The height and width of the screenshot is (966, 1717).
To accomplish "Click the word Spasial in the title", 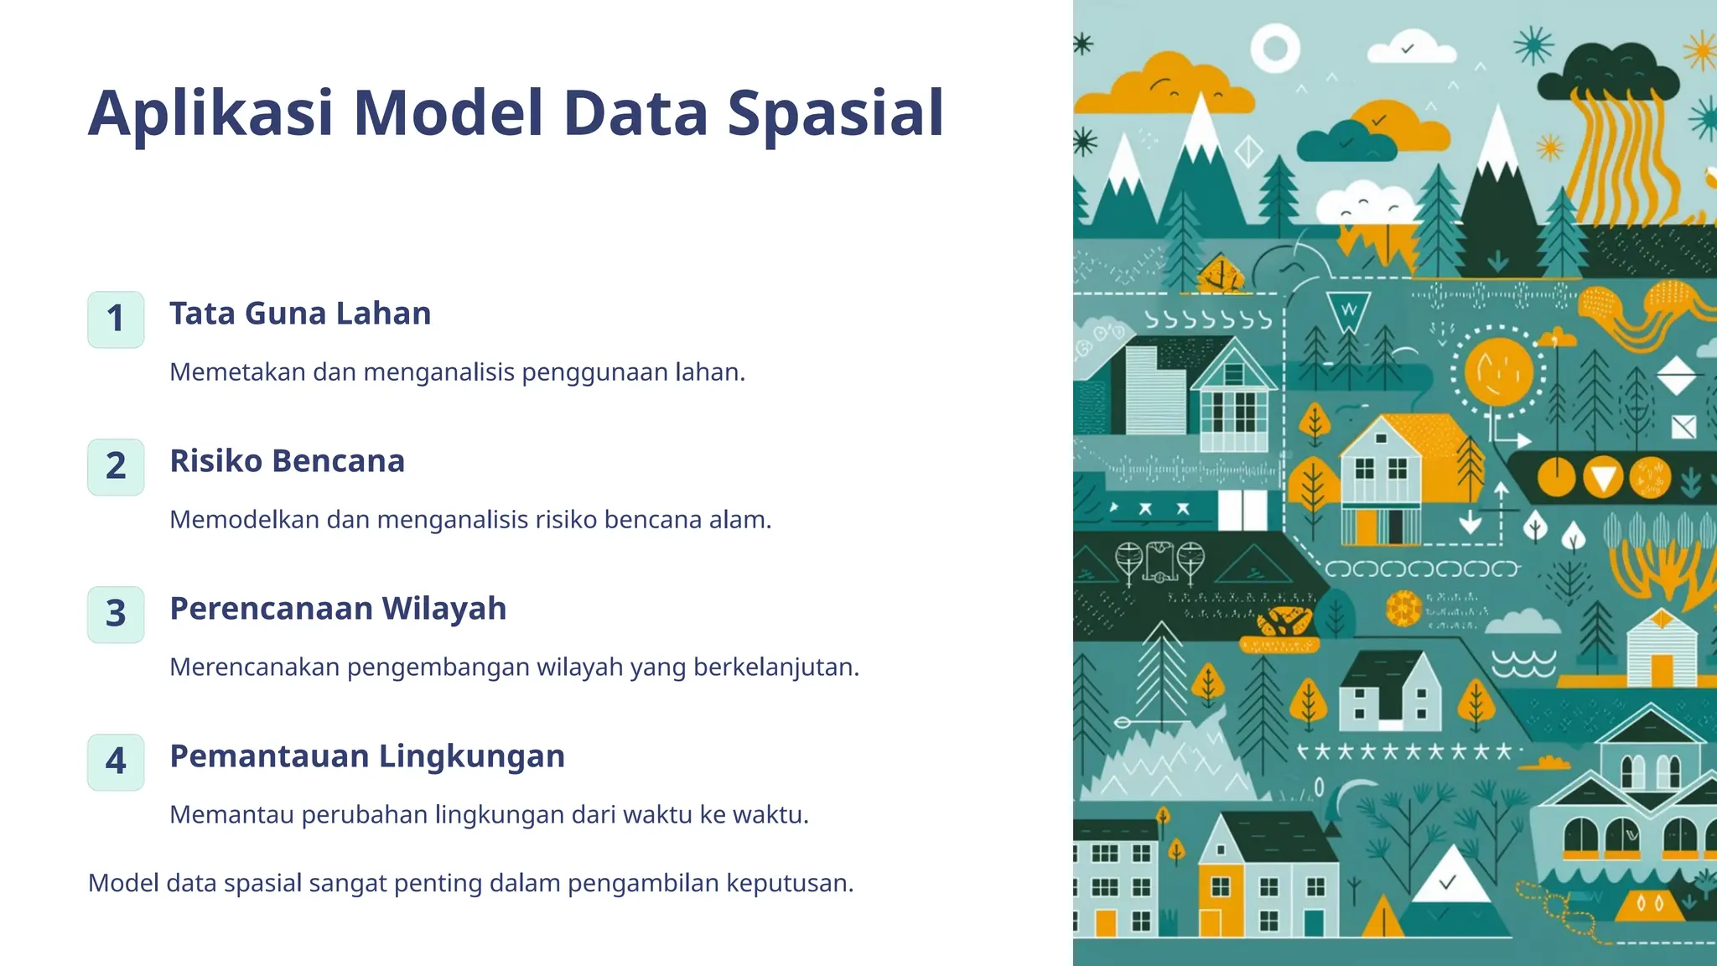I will (x=835, y=113).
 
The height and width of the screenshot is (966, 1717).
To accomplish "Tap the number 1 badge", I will (x=116, y=319).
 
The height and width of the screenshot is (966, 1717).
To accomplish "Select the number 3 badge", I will (x=116, y=614).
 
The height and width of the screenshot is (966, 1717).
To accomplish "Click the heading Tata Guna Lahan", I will (x=300, y=314).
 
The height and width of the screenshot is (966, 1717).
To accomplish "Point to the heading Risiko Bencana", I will (x=287, y=461).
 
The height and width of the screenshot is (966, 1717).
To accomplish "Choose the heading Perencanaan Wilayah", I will (x=338, y=609).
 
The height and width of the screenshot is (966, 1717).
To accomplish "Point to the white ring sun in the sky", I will (x=1275, y=48).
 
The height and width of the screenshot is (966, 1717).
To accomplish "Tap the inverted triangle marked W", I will (x=1348, y=309).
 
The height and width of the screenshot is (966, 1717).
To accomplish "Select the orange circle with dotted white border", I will (x=1498, y=371).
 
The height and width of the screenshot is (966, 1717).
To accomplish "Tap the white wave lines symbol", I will (x=1523, y=662).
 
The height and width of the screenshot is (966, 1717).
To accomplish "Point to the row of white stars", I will (x=1405, y=751).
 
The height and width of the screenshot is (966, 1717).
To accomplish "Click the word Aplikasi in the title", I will (x=211, y=113).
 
